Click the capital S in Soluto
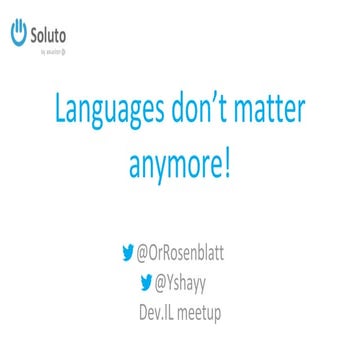pos(34,35)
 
